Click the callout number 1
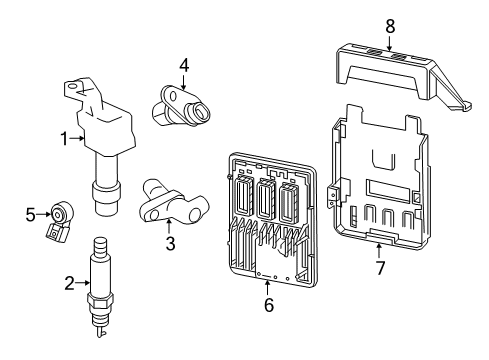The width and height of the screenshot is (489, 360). pos(63,139)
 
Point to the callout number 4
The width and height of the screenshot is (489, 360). pos(184,66)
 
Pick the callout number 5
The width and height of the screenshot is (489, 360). pos(30,213)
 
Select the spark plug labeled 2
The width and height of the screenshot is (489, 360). pos(99,285)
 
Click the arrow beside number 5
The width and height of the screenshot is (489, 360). pos(45,213)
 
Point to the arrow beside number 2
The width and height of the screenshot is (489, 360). pos(84,283)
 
